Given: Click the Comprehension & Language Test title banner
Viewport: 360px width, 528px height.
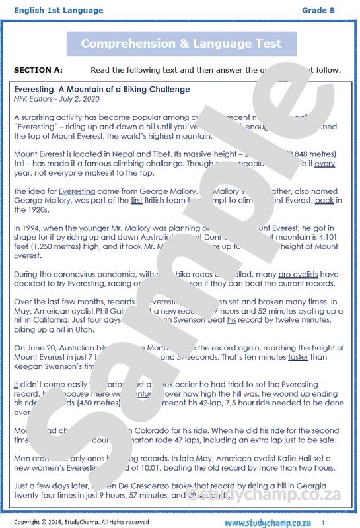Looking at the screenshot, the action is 181,44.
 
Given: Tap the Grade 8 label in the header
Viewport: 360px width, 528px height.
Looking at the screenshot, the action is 318,10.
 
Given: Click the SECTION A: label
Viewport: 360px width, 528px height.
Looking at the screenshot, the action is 38,69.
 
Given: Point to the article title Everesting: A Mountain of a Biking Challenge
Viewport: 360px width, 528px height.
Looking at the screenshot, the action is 102,89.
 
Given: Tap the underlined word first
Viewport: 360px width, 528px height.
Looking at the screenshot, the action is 137,200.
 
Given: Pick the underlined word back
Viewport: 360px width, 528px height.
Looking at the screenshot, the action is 324,200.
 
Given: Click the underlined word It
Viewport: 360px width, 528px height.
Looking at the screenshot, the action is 17,385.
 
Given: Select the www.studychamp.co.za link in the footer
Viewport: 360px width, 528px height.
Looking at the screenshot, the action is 268,522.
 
